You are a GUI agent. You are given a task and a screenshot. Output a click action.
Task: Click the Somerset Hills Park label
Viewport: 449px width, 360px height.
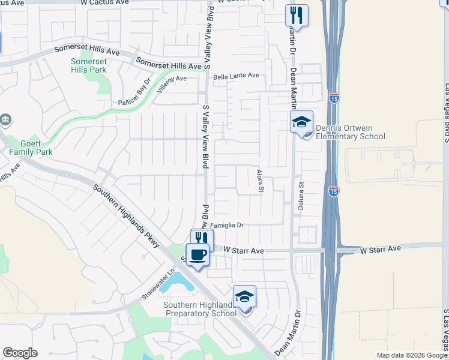click(x=88, y=65)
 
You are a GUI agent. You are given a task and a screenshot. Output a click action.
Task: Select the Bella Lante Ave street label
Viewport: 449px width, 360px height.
click(x=236, y=76)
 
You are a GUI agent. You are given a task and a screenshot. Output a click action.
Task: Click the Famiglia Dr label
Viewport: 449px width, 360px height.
click(x=226, y=226)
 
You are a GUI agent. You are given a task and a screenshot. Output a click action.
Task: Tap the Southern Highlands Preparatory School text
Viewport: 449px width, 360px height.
click(x=200, y=309)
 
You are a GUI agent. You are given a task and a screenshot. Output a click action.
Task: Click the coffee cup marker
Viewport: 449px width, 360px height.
click(x=197, y=255)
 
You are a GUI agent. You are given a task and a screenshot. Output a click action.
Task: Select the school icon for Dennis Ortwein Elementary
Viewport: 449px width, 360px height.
click(x=301, y=122)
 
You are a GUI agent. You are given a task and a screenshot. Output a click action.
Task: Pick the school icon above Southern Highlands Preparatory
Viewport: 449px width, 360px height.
click(x=244, y=296)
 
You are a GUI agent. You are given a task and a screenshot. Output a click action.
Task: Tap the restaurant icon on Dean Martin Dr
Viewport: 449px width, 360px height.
click(x=297, y=15)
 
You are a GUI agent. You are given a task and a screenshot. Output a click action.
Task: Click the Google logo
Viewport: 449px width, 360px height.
click(x=20, y=353)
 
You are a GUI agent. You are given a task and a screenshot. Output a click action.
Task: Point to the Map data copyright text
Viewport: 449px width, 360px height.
click(x=412, y=355)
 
